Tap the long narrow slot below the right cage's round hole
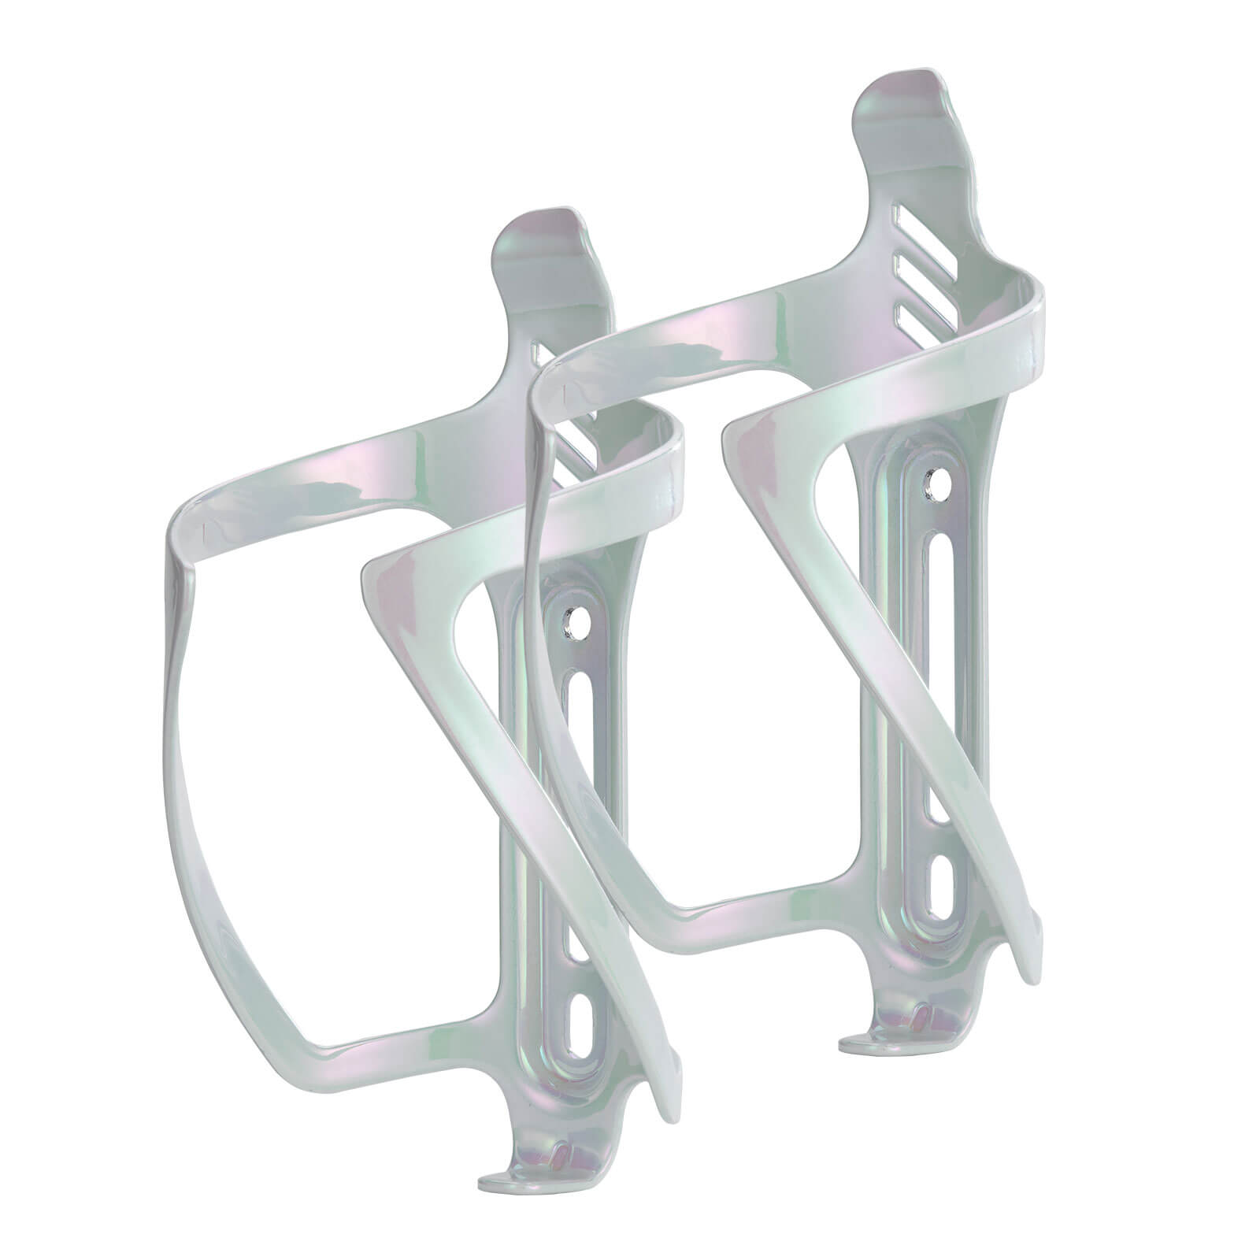click(x=936, y=568)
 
